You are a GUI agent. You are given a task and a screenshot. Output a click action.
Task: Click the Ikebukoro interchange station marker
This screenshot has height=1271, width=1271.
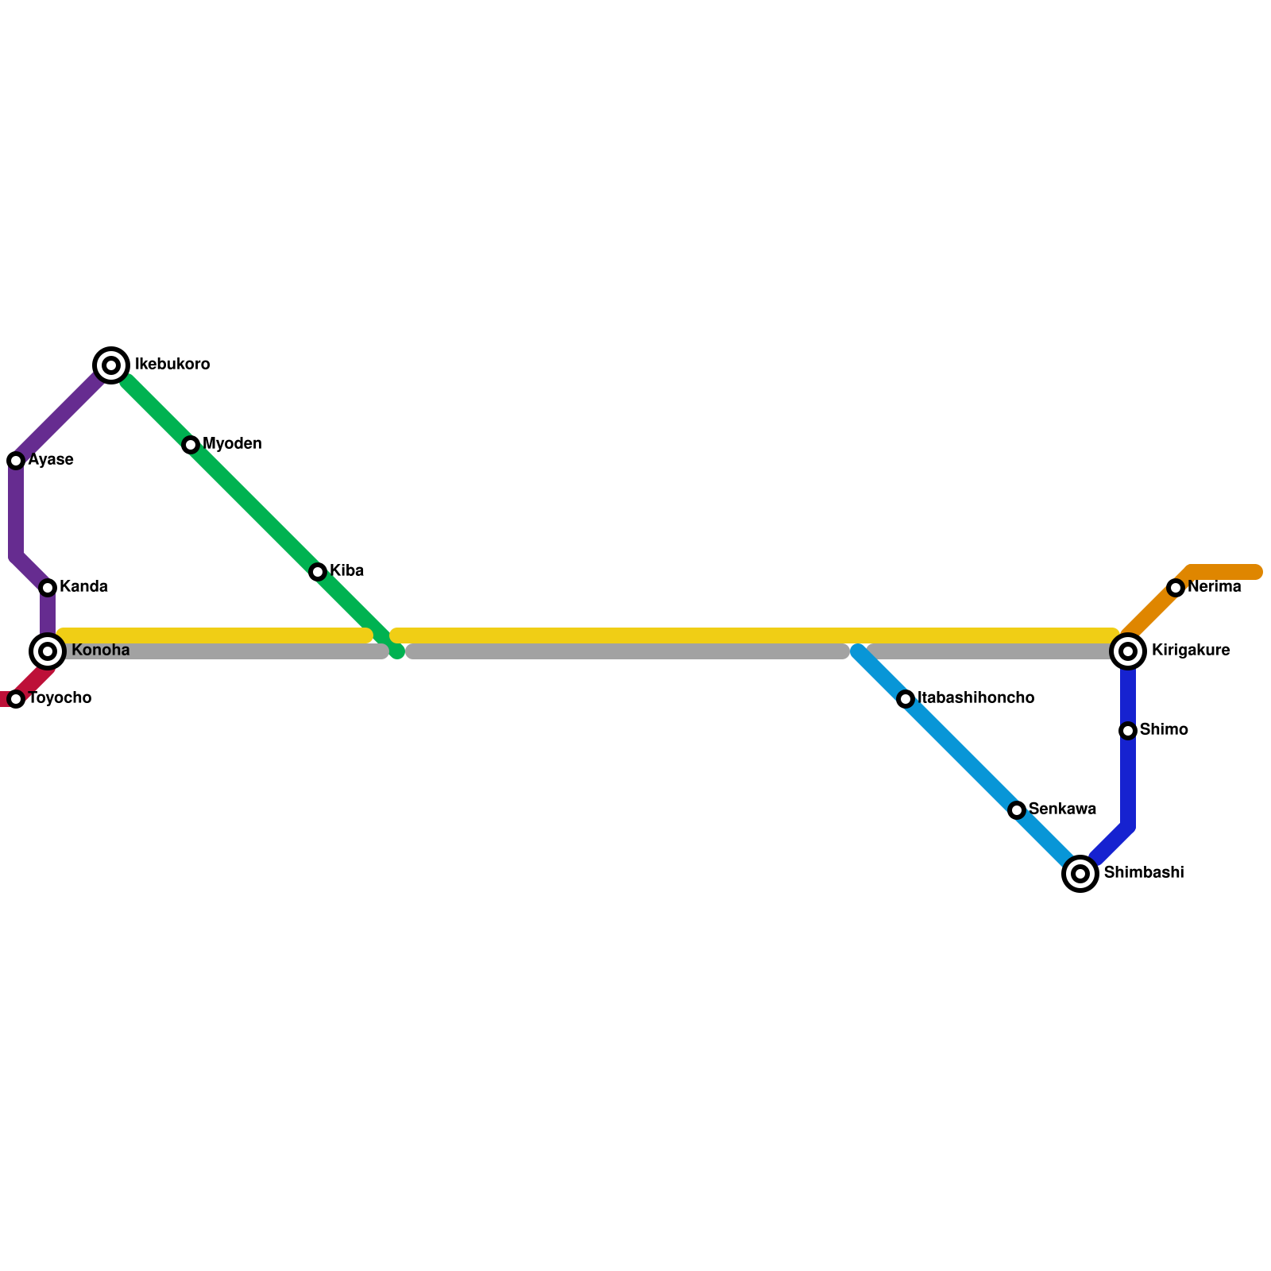tap(111, 365)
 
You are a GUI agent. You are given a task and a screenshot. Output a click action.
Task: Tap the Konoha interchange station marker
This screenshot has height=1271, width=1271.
tap(48, 651)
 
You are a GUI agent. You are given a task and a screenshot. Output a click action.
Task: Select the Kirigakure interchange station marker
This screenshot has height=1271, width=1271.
tap(1128, 651)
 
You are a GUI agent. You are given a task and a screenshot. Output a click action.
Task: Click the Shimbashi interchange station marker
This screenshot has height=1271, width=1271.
tap(1080, 874)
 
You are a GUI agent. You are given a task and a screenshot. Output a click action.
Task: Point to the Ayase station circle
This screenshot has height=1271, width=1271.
tap(16, 461)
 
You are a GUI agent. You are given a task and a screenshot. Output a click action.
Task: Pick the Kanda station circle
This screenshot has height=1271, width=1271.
tap(48, 588)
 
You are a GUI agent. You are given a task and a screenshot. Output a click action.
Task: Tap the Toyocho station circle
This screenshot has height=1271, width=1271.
tap(16, 699)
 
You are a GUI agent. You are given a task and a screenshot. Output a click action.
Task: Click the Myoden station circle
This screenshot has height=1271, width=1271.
tap(191, 445)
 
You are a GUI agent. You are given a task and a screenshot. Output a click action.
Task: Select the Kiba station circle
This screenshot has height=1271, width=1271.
tap(318, 572)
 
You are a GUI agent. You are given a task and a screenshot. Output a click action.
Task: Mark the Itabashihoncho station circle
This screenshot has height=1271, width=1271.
tap(906, 699)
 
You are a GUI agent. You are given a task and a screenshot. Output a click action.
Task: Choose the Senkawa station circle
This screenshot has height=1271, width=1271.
tap(1017, 810)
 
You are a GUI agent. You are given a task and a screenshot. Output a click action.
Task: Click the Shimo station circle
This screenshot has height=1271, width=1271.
tap(1128, 731)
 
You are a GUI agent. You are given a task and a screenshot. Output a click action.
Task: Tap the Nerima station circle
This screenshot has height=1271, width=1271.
tap(1176, 588)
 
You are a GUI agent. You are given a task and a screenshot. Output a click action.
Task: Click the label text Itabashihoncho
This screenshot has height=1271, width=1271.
tap(975, 698)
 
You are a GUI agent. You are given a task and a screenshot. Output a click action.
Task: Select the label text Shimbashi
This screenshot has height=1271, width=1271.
tap(1144, 873)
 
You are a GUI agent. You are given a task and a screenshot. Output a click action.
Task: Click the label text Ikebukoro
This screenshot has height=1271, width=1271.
tap(172, 365)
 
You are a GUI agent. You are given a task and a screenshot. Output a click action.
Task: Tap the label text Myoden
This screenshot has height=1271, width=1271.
tap(232, 444)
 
